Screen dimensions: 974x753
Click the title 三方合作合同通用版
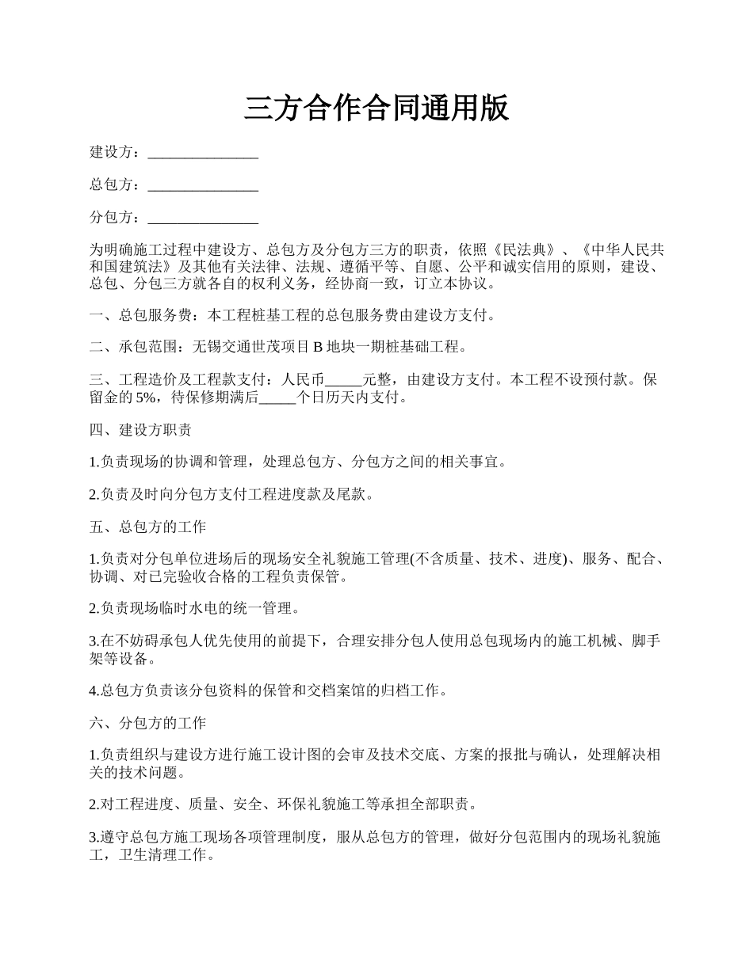(376, 108)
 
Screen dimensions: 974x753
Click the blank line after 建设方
(203, 153)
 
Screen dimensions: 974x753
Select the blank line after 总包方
(203, 185)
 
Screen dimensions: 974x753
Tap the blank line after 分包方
(203, 218)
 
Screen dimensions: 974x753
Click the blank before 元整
(343, 379)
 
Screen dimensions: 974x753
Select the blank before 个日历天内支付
(277, 398)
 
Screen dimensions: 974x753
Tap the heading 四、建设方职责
(140, 430)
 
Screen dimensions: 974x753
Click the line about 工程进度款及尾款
(231, 494)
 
